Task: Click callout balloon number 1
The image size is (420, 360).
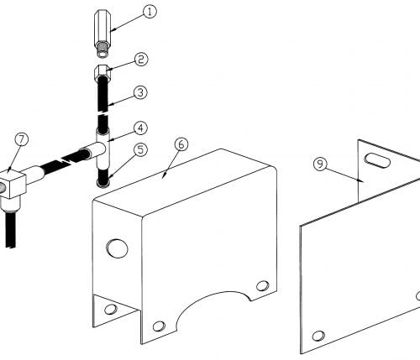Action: tap(150, 13)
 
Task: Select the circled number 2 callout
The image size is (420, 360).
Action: tap(141, 60)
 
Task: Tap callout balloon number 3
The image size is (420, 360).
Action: tap(140, 92)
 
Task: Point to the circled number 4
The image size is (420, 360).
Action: tap(140, 128)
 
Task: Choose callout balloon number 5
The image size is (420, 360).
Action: tap(140, 149)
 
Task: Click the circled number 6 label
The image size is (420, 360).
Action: tap(181, 144)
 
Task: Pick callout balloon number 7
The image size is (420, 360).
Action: tap(22, 139)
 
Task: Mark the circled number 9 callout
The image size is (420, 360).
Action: tap(320, 164)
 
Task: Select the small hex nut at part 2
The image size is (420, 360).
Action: tap(102, 72)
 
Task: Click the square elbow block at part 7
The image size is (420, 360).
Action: tap(13, 183)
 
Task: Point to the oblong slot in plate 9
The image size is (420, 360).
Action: tap(377, 160)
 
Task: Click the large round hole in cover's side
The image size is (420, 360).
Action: tap(117, 248)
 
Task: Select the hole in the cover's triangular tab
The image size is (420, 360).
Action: tap(111, 309)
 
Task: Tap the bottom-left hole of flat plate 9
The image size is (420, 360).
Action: tap(318, 336)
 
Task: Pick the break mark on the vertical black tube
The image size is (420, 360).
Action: tap(102, 113)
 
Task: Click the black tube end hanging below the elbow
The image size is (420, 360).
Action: tap(11, 230)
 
